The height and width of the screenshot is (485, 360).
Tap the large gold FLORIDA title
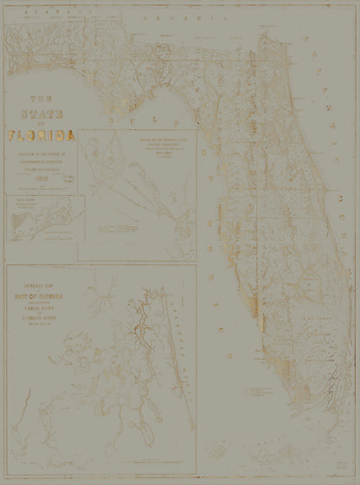tap(41, 135)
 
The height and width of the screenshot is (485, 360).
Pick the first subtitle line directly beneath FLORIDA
tap(40, 153)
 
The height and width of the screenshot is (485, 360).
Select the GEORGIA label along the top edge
tap(182, 16)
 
